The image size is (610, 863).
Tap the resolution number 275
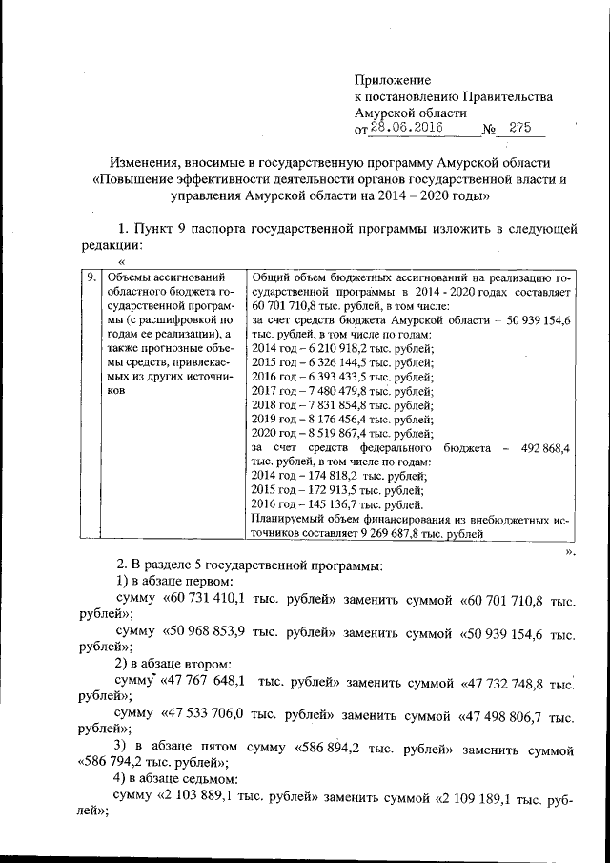pyautogui.click(x=521, y=129)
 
